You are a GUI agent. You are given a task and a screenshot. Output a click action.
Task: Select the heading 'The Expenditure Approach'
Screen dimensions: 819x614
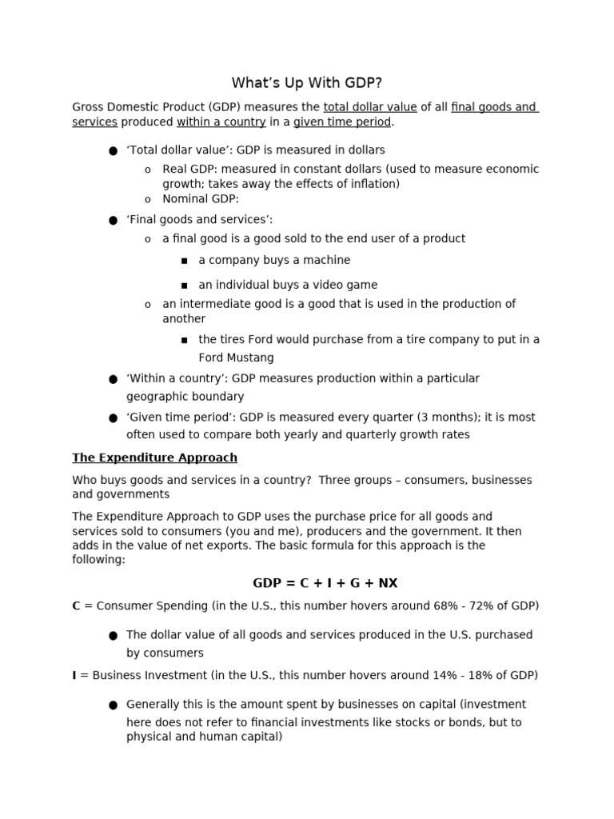point(154,457)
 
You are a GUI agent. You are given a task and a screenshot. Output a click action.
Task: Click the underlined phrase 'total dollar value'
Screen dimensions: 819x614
point(369,107)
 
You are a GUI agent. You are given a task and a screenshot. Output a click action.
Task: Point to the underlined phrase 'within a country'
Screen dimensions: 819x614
point(221,122)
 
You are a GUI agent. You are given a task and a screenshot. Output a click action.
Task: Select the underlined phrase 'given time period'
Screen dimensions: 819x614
point(342,122)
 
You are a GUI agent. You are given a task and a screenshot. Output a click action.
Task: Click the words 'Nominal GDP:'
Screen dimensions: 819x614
point(201,199)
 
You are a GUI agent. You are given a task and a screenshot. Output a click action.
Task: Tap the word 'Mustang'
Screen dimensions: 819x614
point(251,358)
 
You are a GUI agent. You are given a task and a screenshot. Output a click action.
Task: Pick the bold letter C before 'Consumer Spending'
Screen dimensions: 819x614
point(76,606)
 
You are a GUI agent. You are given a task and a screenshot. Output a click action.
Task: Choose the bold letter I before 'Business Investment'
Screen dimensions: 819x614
point(74,675)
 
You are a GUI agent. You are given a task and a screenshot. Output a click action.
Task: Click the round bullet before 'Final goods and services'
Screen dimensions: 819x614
point(113,221)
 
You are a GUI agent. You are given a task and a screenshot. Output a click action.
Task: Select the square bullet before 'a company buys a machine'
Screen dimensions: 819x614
point(184,261)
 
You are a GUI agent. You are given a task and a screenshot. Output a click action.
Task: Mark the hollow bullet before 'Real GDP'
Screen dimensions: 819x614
point(148,170)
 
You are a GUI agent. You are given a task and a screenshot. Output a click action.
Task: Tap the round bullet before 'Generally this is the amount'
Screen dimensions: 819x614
point(113,705)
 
